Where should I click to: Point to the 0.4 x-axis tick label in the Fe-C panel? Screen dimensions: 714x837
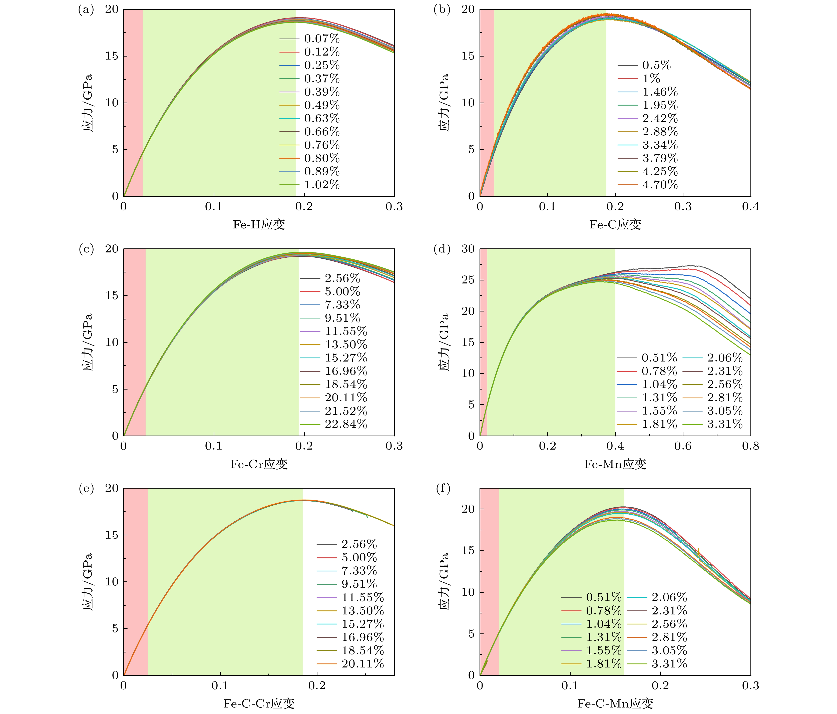coord(750,207)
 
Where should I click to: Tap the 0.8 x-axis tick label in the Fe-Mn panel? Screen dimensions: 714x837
coord(750,446)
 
